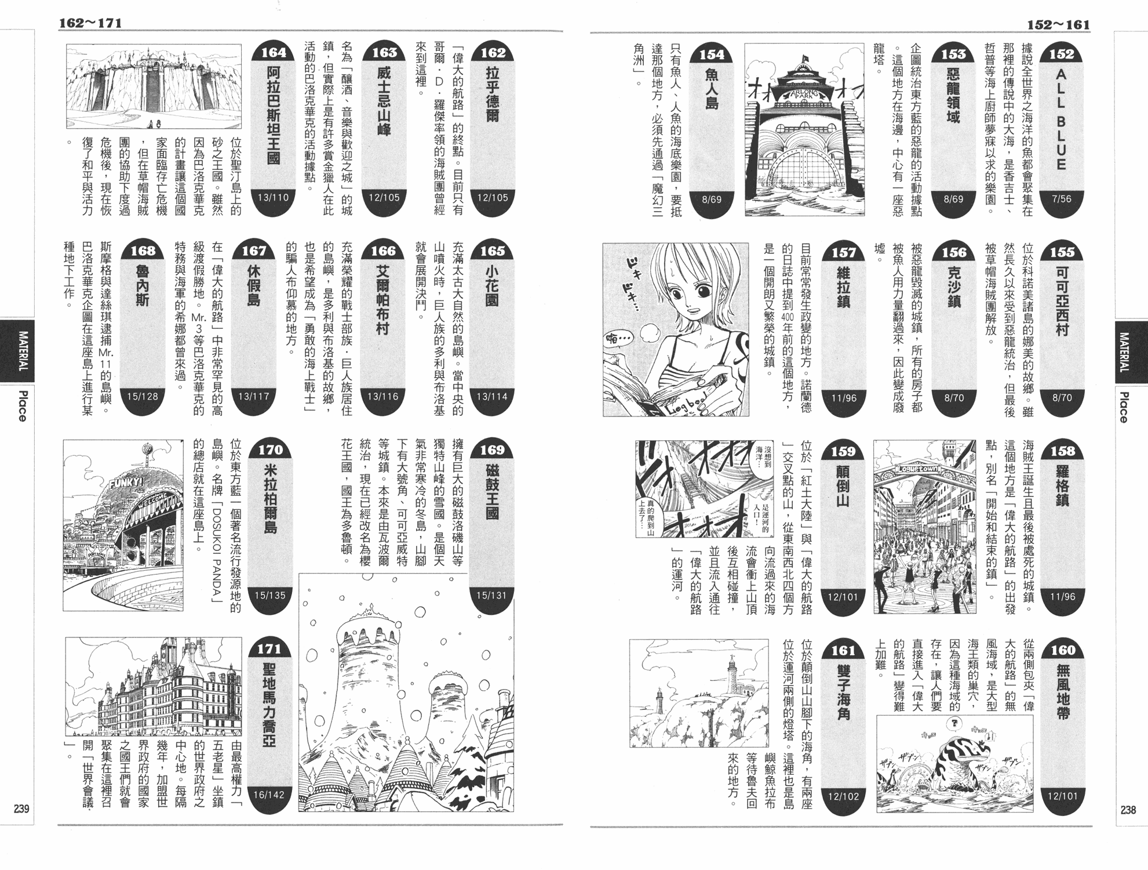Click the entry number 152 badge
tap(1062, 53)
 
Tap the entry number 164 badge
tap(274, 52)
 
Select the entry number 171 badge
tap(269, 648)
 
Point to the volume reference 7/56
tap(1062, 199)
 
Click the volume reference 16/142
tap(269, 795)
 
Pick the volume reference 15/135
tap(270, 595)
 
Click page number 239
tap(21, 809)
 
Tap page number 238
tap(1128, 810)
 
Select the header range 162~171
tap(90, 23)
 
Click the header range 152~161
tap(1059, 25)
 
